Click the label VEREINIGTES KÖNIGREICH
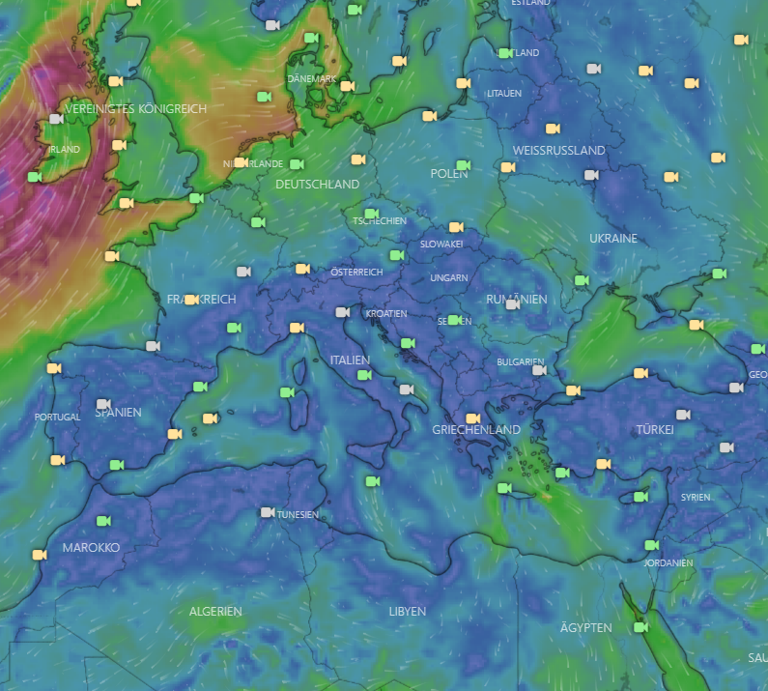click(x=135, y=109)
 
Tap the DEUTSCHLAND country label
click(x=317, y=184)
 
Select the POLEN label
click(x=448, y=174)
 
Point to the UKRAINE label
click(x=613, y=238)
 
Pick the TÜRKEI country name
click(x=655, y=429)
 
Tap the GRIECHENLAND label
click(x=476, y=429)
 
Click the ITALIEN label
click(x=350, y=360)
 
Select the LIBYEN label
click(x=407, y=612)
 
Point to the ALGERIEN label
click(x=215, y=612)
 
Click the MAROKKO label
click(x=91, y=547)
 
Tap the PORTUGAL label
click(x=57, y=417)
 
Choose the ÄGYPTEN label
click(x=585, y=627)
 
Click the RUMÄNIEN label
click(x=516, y=299)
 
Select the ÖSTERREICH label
click(x=356, y=273)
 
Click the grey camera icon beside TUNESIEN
click(x=268, y=512)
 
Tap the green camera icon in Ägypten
click(x=640, y=627)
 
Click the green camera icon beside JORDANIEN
click(x=651, y=545)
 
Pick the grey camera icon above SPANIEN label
click(x=103, y=404)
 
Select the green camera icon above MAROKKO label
click(x=102, y=521)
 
